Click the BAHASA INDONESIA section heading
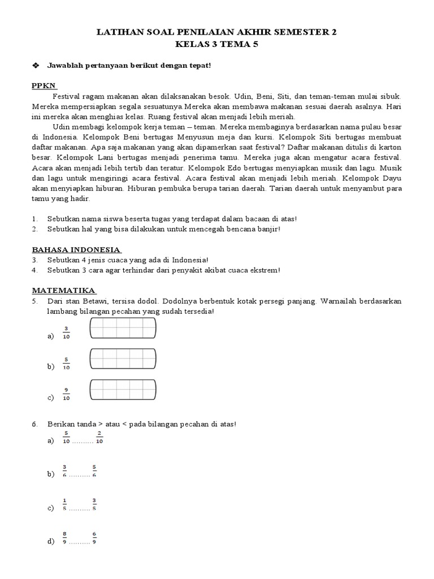coord(76,249)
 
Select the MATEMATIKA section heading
coord(63,290)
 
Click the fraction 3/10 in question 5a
coord(66,332)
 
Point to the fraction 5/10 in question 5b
coord(66,363)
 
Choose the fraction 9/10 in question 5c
coord(66,394)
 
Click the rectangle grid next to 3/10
coord(123,328)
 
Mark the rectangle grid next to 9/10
coord(123,390)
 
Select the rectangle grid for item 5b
coord(123,358)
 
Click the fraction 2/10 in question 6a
coord(99,438)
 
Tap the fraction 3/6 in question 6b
coord(65,471)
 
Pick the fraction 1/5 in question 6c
coord(65,504)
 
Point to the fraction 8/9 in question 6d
coord(65,538)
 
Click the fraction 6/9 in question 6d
coord(94,538)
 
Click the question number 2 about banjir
coord(34,228)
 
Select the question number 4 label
coord(34,270)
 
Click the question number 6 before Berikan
coord(34,424)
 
